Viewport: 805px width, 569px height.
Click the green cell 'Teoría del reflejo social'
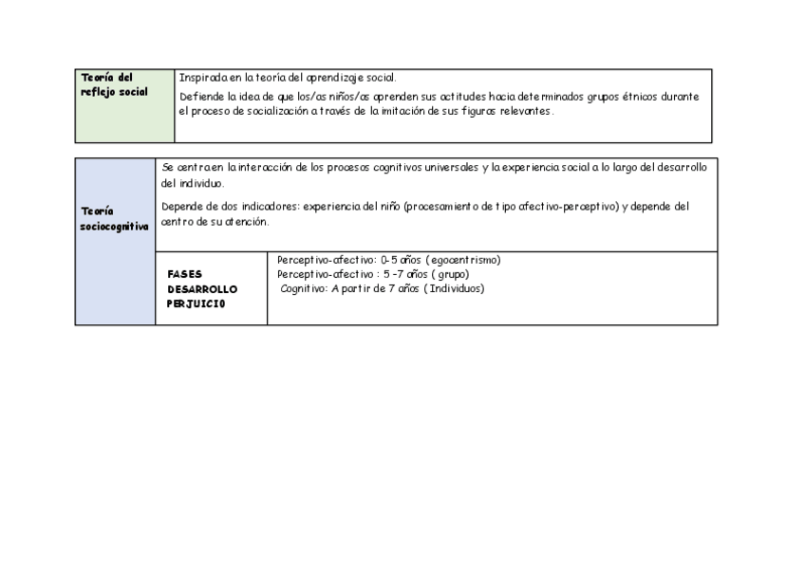125,105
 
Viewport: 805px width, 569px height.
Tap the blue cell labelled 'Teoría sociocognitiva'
115,241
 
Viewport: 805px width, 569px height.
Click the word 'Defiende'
200,97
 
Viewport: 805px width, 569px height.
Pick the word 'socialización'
269,111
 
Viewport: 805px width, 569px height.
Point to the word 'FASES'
184,274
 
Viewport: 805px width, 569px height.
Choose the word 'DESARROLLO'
202,289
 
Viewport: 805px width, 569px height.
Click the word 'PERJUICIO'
197,304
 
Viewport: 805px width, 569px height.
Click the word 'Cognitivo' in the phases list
304,288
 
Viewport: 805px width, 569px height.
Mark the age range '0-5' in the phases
388,260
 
